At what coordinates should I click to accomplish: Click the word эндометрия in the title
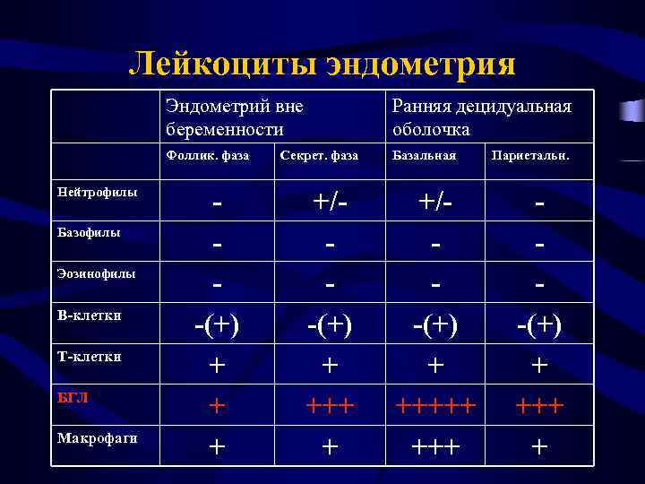(x=420, y=63)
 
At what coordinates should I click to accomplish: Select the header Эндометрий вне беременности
(x=235, y=117)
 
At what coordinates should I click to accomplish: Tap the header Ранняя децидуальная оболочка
(x=481, y=117)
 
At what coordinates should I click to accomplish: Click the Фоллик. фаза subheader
(x=208, y=156)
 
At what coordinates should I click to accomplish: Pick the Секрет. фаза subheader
(x=319, y=156)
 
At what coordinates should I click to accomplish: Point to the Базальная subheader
(x=424, y=156)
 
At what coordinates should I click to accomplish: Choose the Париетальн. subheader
(x=529, y=156)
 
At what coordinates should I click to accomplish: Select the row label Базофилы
(x=89, y=233)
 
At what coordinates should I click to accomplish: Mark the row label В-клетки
(x=89, y=315)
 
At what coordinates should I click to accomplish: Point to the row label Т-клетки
(x=89, y=357)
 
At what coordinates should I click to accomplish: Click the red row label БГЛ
(x=73, y=398)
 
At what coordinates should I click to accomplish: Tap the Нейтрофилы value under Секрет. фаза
(x=329, y=203)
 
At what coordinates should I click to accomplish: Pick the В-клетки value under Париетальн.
(x=539, y=324)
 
